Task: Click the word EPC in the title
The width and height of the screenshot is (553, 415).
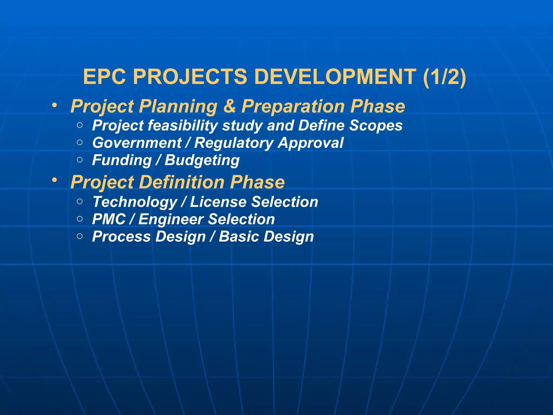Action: click(x=104, y=77)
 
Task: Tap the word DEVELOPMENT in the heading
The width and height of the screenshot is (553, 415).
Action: click(x=335, y=77)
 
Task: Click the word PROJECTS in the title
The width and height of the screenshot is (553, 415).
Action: click(x=190, y=77)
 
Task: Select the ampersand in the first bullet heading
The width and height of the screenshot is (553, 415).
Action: click(x=229, y=106)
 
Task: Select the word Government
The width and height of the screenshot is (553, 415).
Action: click(x=137, y=143)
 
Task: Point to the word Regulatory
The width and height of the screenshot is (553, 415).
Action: click(x=234, y=143)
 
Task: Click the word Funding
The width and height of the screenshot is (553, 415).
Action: click(x=122, y=160)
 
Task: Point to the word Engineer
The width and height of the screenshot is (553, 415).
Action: click(x=171, y=219)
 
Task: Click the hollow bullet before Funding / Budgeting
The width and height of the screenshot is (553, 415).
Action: click(x=80, y=160)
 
